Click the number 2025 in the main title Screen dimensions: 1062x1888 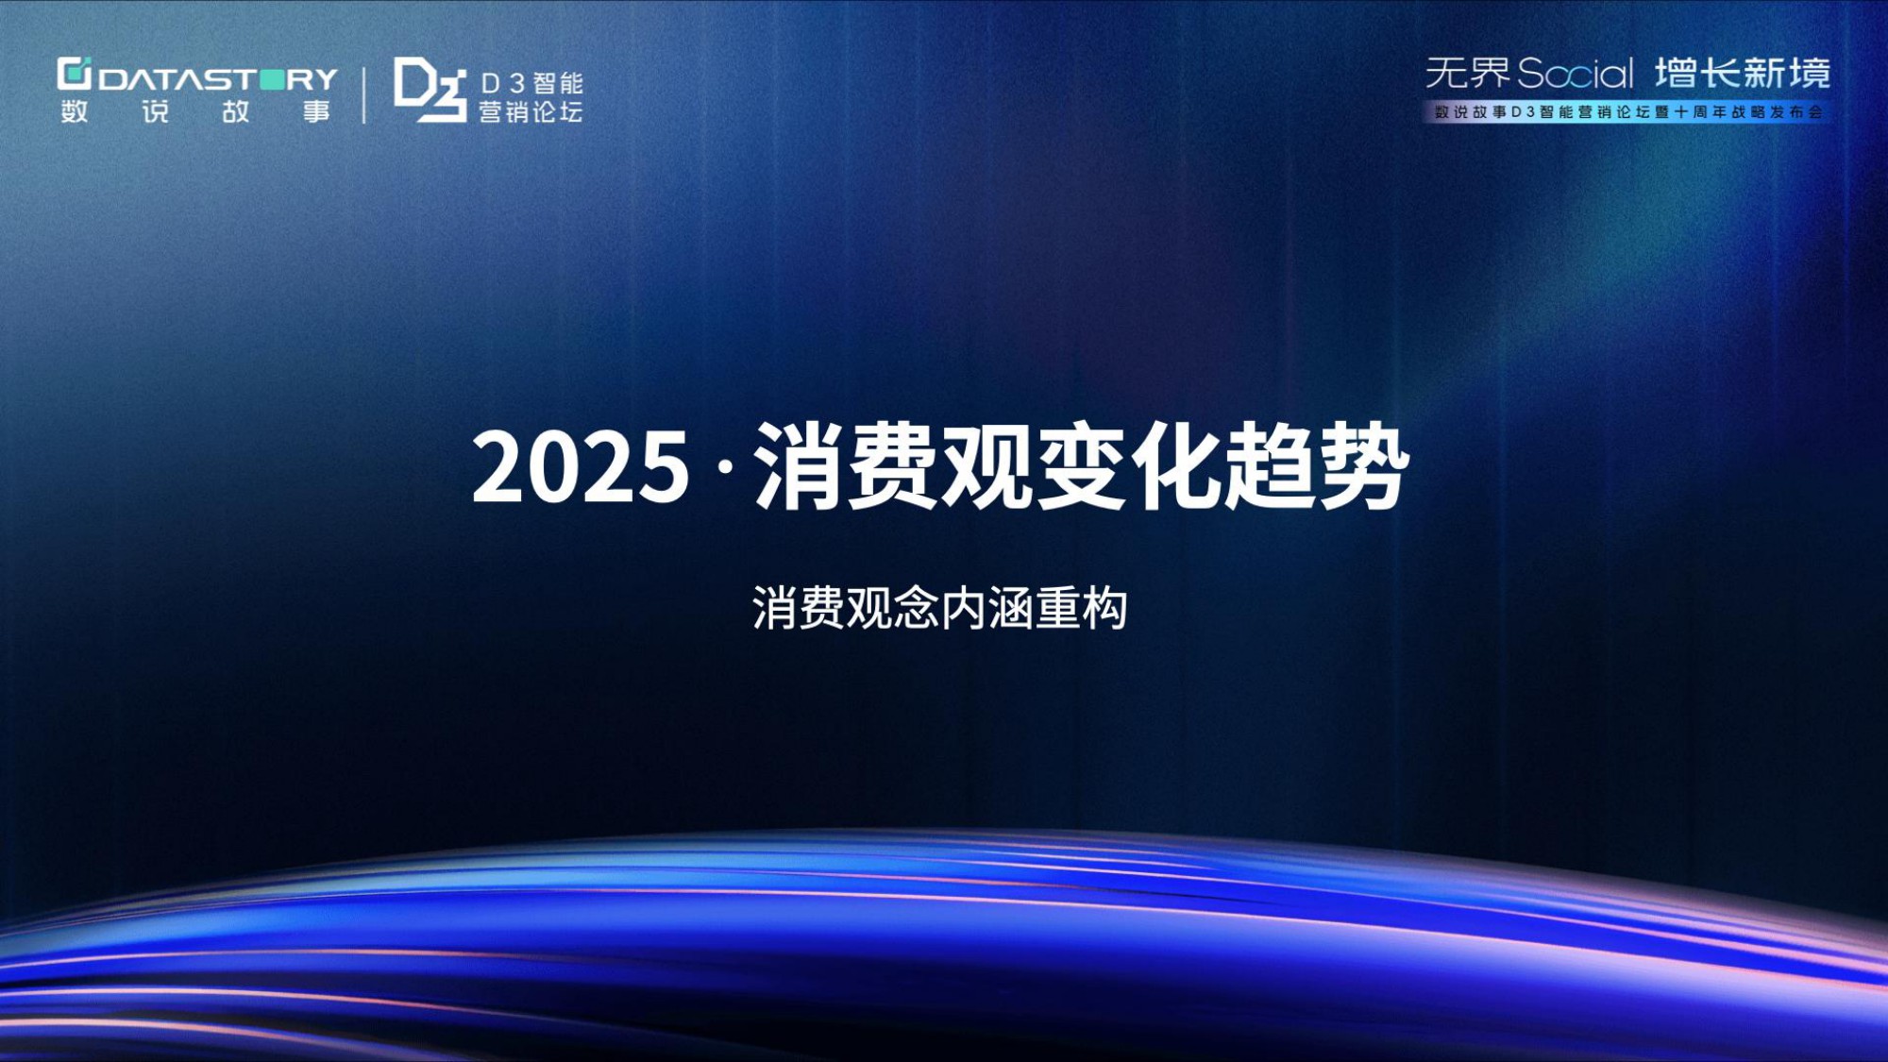pyautogui.click(x=581, y=466)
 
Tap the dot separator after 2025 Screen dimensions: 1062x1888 pyautogui.click(x=724, y=466)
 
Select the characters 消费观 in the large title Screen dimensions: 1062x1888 pyautogui.click(x=892, y=466)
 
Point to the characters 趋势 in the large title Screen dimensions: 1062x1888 pyautogui.click(x=1317, y=466)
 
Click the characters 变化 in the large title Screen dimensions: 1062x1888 pyautogui.click(x=1128, y=466)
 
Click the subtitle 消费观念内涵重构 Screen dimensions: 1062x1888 pyautogui.click(x=940, y=608)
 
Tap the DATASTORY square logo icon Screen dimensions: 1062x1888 pyautogui.click(x=75, y=74)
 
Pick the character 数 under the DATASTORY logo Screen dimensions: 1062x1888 pyautogui.click(x=75, y=111)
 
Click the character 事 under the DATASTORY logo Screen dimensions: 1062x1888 pyautogui.click(x=317, y=111)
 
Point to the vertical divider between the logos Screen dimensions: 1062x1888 pyautogui.click(x=364, y=94)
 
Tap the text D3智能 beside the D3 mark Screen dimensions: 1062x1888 pyautogui.click(x=531, y=83)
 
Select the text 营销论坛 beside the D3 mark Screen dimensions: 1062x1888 pyautogui.click(x=531, y=112)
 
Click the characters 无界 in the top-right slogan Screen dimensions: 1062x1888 pyautogui.click(x=1468, y=73)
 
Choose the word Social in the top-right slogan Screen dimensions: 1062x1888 pyautogui.click(x=1576, y=74)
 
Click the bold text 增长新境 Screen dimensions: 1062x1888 pyautogui.click(x=1743, y=73)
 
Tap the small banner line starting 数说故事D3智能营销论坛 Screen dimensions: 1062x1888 pyautogui.click(x=1628, y=112)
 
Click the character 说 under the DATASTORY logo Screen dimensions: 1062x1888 pyautogui.click(x=156, y=111)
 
